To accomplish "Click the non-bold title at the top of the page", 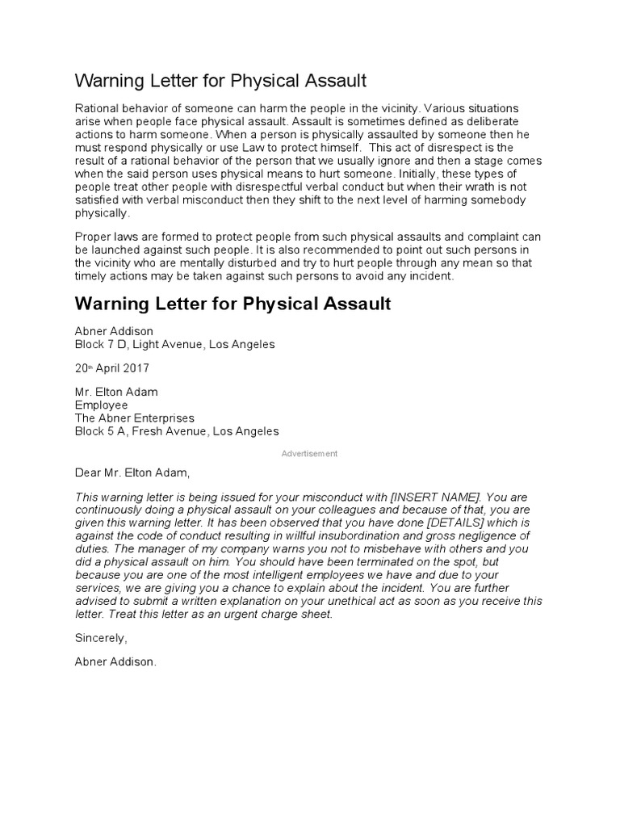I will [220, 81].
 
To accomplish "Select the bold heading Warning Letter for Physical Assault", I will [232, 304].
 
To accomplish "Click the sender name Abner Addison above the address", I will [114, 331].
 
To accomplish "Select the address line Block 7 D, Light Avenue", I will [174, 344].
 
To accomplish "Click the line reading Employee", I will [101, 405].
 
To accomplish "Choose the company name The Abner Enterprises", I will [134, 418].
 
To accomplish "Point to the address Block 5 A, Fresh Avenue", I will [177, 430].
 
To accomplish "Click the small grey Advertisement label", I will [309, 454].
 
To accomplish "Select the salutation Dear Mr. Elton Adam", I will [134, 472].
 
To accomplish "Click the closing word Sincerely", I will [101, 638].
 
